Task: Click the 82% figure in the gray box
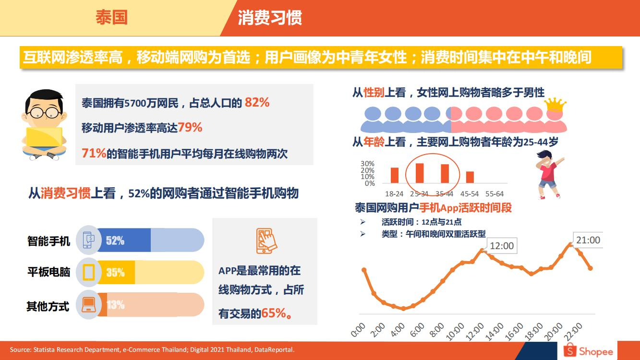(x=257, y=102)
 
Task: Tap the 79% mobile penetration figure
(x=190, y=128)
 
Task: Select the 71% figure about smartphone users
(x=94, y=153)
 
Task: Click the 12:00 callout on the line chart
(x=501, y=246)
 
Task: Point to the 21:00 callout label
(x=588, y=240)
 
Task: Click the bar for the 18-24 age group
(x=395, y=175)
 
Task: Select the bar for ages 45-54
(x=470, y=177)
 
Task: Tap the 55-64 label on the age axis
(x=494, y=194)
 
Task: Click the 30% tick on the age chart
(x=367, y=164)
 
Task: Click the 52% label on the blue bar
(x=115, y=240)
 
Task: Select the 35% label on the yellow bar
(x=115, y=273)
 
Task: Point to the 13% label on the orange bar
(x=115, y=305)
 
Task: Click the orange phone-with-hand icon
(x=267, y=240)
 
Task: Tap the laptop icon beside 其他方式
(x=89, y=304)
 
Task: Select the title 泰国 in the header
(x=111, y=18)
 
